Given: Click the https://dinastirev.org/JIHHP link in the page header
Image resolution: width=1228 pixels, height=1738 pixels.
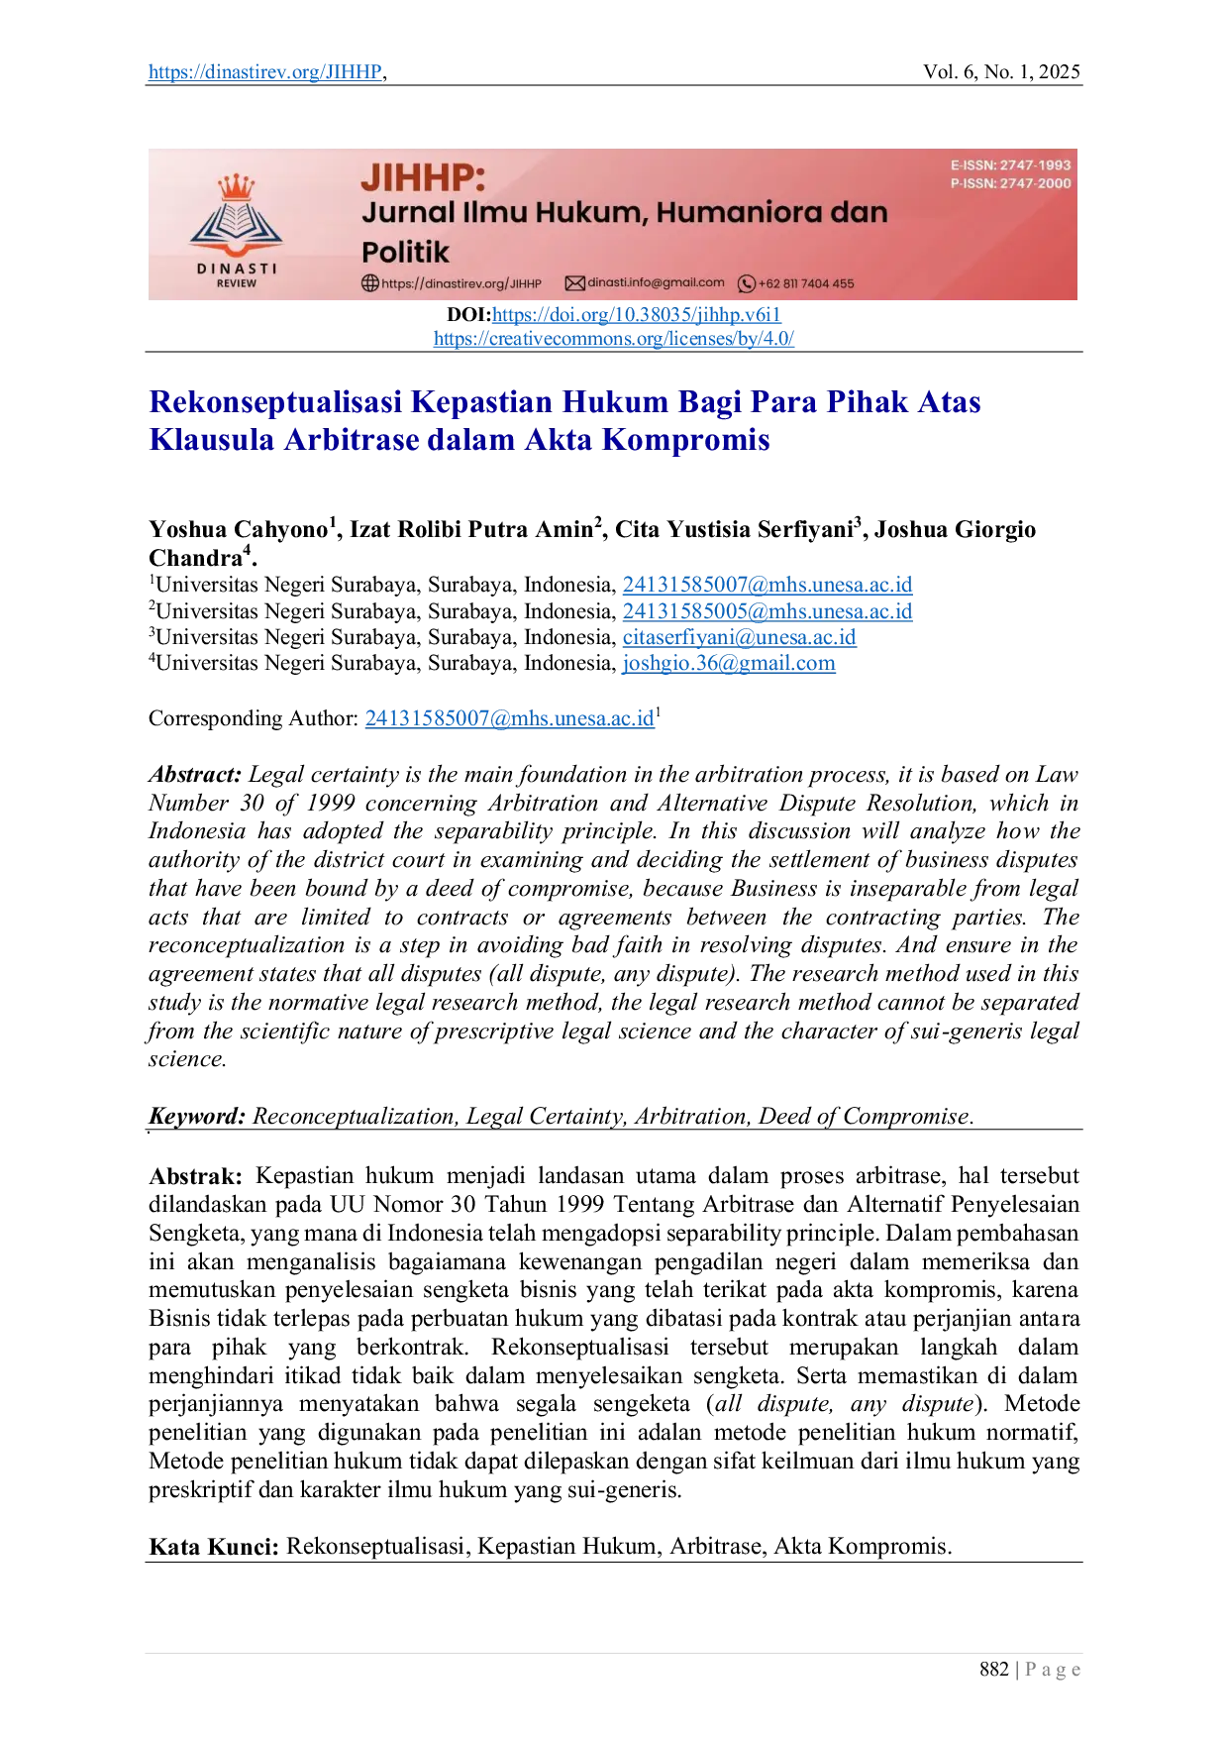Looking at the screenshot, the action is [265, 71].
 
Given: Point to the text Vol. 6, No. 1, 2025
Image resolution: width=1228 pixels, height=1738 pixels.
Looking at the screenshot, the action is [1001, 71].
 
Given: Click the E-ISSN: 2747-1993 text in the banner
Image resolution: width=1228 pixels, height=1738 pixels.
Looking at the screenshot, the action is [1010, 165].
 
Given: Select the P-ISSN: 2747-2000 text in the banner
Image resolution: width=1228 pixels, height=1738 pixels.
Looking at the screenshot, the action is [1010, 183].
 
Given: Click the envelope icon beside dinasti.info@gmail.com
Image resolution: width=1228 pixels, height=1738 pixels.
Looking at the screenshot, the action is [574, 283].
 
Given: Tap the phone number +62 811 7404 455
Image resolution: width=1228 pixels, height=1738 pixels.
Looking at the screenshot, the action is [805, 283].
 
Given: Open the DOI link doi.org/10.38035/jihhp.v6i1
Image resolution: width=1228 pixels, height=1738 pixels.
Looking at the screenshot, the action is [637, 315].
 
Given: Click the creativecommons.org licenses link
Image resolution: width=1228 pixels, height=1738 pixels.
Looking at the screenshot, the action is [614, 339].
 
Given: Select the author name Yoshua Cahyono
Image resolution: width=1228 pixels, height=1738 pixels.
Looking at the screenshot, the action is [238, 529].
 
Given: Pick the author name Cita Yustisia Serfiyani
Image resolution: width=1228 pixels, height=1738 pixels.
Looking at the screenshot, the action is [734, 529].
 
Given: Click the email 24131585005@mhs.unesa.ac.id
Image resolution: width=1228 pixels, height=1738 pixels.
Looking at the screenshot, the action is [767, 611].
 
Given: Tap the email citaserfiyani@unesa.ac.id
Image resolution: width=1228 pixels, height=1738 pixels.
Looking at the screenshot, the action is [739, 637].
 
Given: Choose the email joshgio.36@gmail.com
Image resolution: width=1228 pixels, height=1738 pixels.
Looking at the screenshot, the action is [729, 663].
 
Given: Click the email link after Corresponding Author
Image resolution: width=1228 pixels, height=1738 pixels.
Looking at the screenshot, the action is [510, 718].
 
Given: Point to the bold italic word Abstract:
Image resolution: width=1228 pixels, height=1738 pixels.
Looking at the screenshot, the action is [195, 775].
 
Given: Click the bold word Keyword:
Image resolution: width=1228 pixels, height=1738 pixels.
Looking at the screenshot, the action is [197, 1117].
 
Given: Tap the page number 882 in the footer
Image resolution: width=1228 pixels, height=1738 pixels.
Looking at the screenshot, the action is [994, 1670].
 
